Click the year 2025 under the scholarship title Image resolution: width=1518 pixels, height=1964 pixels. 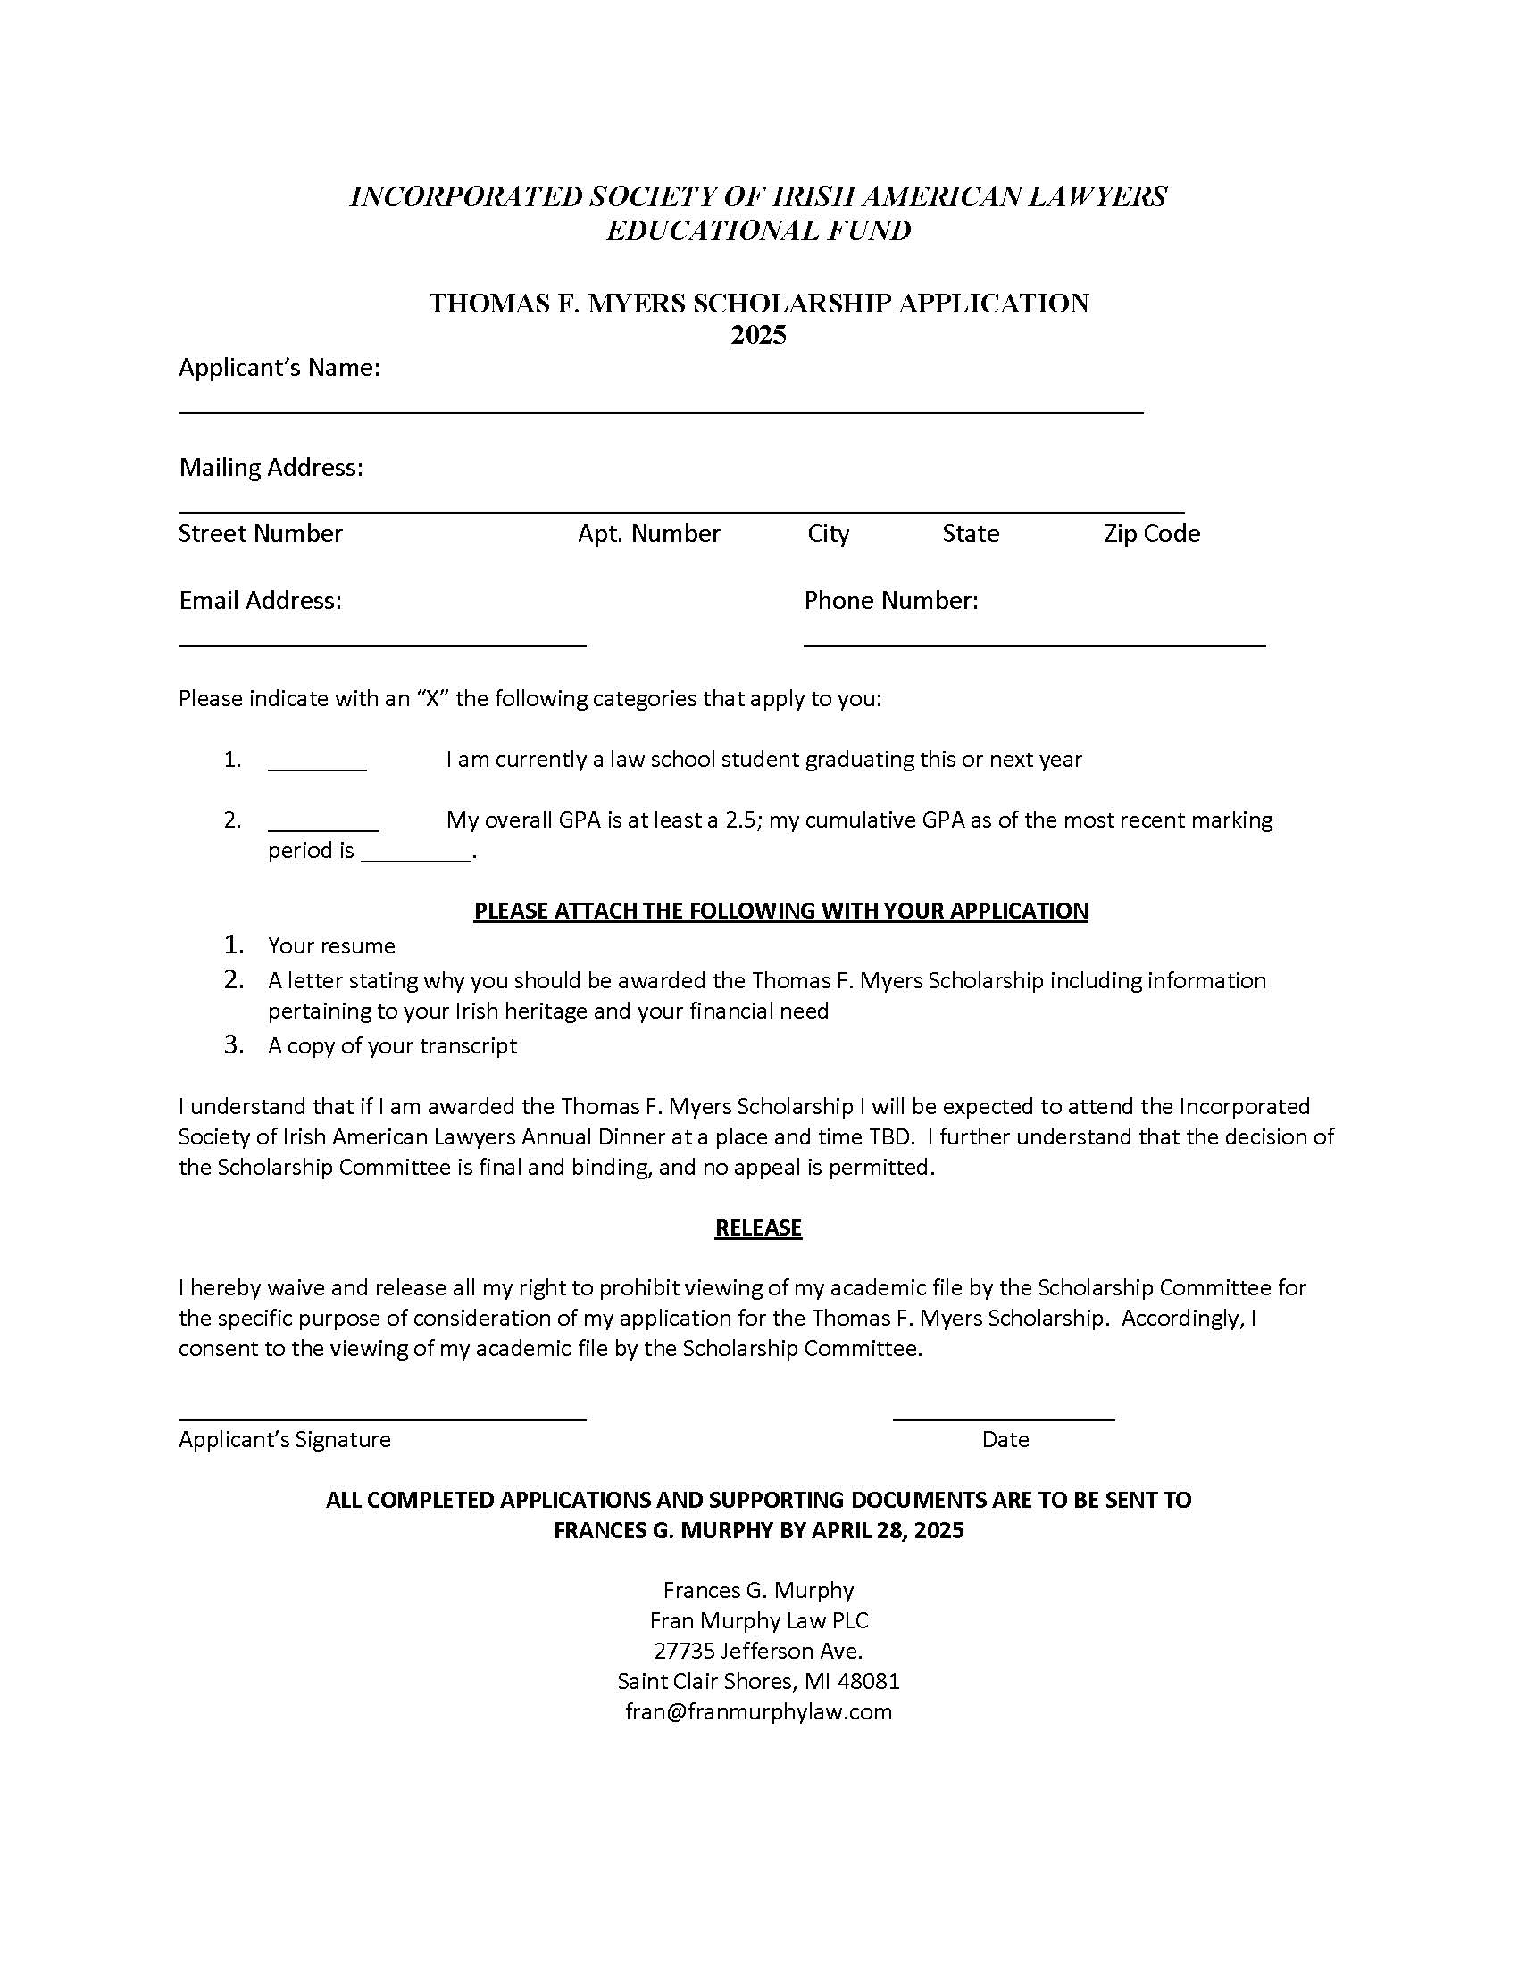click(758, 335)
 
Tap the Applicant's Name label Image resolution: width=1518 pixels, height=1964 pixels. click(279, 368)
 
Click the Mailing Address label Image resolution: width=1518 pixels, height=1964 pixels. click(271, 468)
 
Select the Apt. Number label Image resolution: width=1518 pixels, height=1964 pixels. click(648, 533)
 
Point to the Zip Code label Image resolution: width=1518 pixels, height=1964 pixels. click(1152, 533)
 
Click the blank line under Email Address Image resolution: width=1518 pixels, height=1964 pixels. click(382, 644)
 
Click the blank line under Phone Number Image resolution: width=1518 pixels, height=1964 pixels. click(1034, 644)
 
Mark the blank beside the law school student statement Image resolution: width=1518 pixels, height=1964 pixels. click(317, 768)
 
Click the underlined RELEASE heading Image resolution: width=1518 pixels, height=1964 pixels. click(758, 1228)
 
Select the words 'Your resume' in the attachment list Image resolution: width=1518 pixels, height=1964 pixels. click(332, 946)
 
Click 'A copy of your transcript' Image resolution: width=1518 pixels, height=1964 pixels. click(392, 1046)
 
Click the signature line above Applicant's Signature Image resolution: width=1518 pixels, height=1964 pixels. click(382, 1419)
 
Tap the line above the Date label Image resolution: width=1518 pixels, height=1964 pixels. click(1004, 1419)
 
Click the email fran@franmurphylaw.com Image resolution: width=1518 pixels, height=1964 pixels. click(758, 1711)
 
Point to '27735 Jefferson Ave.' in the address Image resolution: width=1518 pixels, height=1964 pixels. click(758, 1651)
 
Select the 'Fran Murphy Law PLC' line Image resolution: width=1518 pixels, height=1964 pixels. click(758, 1620)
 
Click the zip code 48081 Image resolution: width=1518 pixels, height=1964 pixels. click(868, 1681)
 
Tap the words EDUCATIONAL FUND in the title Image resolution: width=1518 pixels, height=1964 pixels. click(758, 231)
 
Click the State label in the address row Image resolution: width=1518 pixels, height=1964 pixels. click(971, 533)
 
